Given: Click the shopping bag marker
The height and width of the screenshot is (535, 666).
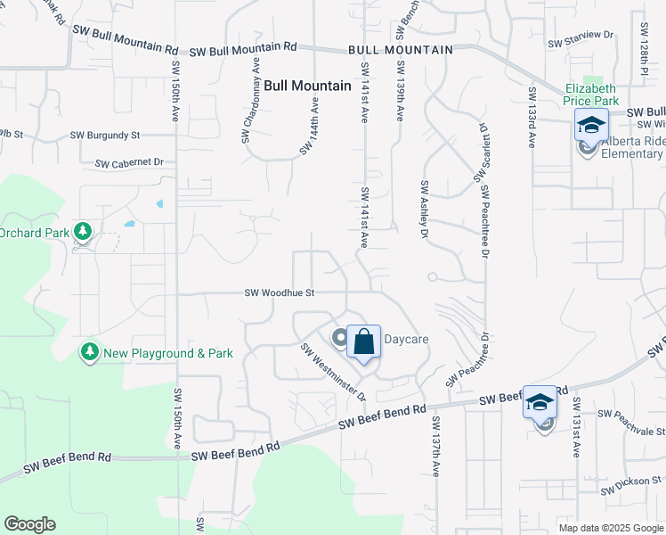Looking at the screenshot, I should click(363, 342).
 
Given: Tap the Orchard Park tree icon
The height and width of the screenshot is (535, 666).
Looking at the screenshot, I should click(83, 233).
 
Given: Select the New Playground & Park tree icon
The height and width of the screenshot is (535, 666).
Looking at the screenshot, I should click(89, 353).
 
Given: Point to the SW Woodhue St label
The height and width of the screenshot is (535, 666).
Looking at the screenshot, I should click(280, 292).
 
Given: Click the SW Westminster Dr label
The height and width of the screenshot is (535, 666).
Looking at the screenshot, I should click(334, 373).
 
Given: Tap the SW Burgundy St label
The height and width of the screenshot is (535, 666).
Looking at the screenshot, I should click(106, 136).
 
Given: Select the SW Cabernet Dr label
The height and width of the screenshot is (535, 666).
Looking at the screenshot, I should click(129, 163).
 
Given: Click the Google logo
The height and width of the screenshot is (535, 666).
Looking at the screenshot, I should click(29, 524).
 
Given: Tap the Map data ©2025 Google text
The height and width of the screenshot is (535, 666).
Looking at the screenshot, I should click(610, 528).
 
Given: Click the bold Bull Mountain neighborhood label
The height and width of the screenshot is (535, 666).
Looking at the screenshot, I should click(307, 86).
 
